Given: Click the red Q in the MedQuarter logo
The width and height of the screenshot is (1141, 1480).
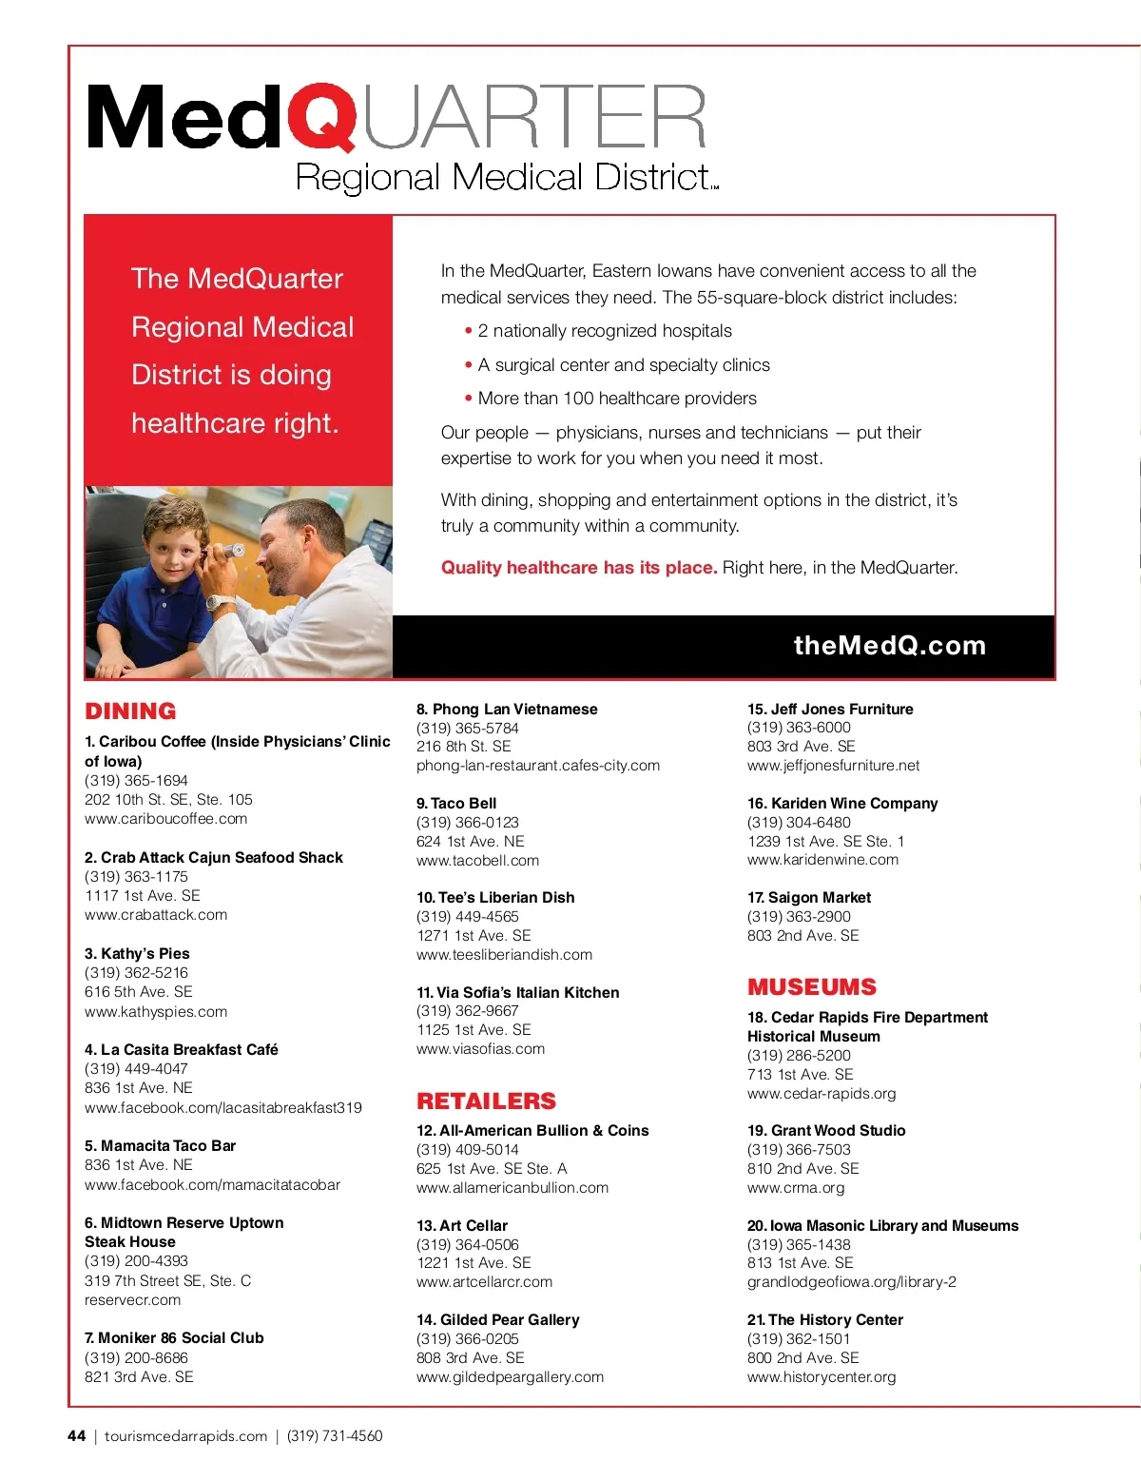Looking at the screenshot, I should (321, 116).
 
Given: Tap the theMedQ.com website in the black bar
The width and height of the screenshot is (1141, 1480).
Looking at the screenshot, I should (889, 646).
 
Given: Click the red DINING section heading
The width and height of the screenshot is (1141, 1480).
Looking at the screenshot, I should (130, 711).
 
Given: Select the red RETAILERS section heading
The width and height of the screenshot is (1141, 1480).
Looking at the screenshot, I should (486, 1101).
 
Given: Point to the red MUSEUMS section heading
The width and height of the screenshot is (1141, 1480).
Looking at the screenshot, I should (812, 987).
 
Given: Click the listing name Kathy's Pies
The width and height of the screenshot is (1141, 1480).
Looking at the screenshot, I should (137, 953).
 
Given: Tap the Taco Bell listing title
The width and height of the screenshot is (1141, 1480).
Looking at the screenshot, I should (456, 803).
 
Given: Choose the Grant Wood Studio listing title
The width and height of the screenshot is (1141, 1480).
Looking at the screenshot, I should (826, 1130).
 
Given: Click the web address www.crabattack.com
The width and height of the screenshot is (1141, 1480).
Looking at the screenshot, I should (156, 915).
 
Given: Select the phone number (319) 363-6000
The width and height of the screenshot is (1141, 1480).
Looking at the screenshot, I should (799, 728).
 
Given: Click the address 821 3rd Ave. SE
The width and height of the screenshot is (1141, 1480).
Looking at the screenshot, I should (139, 1376).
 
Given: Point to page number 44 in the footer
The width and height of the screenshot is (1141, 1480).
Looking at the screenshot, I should (77, 1436).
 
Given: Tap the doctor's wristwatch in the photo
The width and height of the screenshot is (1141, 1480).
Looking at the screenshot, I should (220, 603).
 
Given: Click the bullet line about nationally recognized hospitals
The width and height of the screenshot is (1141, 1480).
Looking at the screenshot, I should (604, 331).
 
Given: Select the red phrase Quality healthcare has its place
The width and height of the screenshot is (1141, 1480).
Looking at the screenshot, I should (579, 568).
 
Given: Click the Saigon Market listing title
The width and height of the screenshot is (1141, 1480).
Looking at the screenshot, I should (809, 897).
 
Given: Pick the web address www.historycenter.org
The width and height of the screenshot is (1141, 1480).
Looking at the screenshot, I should (822, 1376).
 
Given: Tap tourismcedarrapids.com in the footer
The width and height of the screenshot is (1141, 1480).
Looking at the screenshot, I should (185, 1436).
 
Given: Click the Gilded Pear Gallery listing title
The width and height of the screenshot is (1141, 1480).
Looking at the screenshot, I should (497, 1319).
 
